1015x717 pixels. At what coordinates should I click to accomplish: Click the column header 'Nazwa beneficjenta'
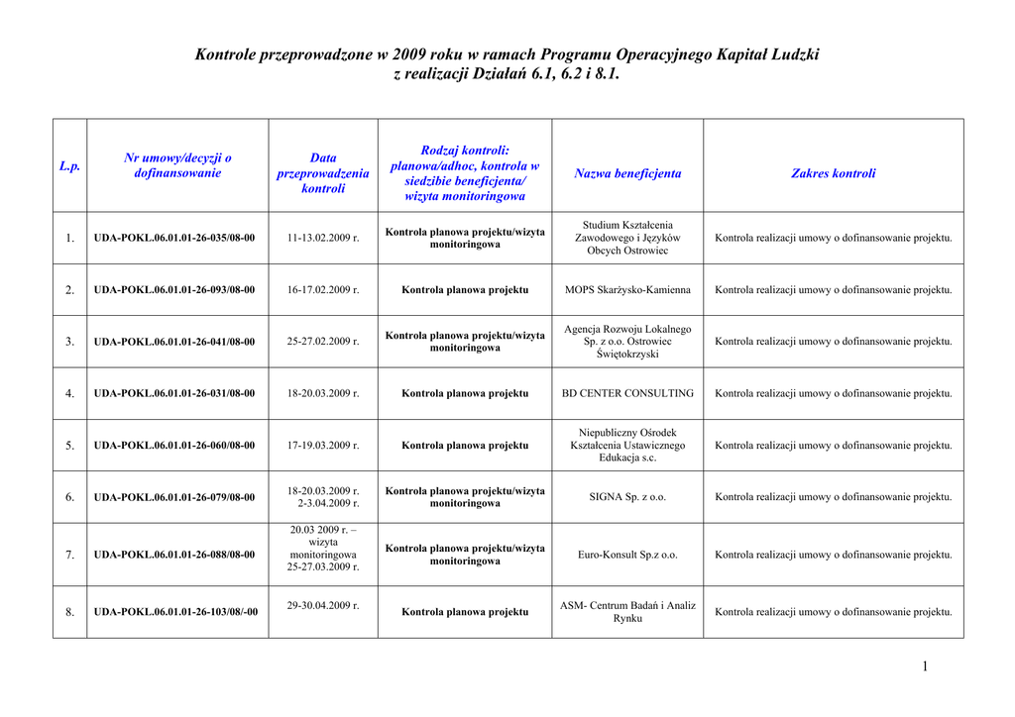627,173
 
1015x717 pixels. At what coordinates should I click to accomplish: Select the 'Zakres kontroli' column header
833,173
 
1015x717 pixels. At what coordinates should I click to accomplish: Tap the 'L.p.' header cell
69,166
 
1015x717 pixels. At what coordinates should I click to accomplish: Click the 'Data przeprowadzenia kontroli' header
323,173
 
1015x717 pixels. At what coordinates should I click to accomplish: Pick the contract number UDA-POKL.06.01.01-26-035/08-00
174,238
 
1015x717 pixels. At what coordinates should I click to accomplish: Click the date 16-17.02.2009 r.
323,290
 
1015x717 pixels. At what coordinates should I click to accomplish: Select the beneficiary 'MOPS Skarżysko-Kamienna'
627,290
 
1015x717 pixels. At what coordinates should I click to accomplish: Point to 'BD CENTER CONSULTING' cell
627,393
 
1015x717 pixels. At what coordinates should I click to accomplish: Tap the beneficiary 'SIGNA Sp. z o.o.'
627,497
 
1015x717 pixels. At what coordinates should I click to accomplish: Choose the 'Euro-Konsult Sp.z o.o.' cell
627,555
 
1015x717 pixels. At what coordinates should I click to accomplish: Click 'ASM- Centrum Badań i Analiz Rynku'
627,611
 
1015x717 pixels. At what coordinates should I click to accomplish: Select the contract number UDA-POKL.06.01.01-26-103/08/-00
175,612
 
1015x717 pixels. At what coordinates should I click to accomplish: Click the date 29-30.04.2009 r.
323,604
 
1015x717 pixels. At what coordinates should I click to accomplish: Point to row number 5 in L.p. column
70,446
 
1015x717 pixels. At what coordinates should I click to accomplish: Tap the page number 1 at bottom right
925,666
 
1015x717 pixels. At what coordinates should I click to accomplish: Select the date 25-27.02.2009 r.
323,342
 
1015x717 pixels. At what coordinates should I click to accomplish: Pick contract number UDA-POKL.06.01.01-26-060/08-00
174,446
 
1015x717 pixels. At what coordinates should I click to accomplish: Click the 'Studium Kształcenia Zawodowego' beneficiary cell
627,238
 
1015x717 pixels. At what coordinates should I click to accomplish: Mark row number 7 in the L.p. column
70,555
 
